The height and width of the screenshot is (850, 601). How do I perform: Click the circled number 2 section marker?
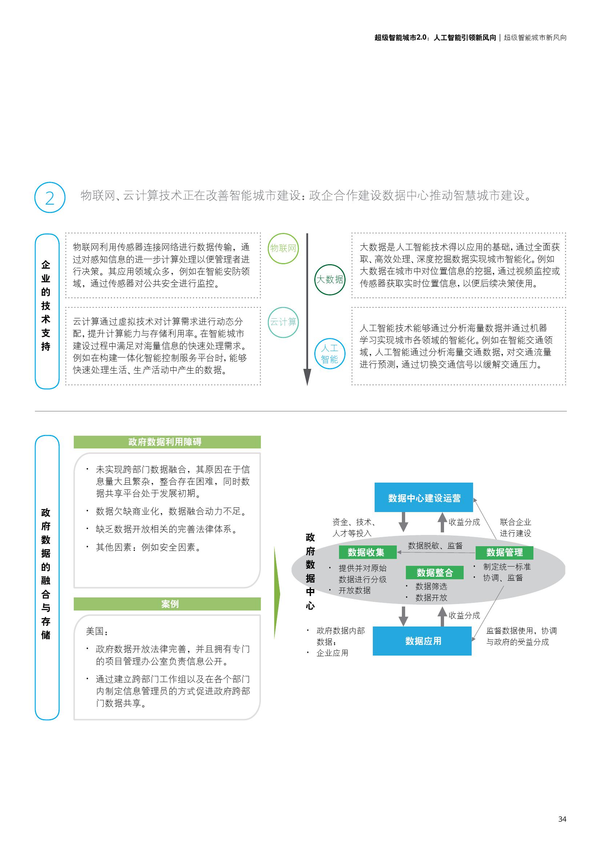point(49,197)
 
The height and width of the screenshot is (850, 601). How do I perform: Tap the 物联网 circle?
point(283,249)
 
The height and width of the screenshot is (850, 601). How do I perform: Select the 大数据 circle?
point(329,279)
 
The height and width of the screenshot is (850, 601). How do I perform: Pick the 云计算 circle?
point(283,322)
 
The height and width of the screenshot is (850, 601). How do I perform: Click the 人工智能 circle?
point(329,354)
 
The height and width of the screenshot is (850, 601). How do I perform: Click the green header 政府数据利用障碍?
point(167,442)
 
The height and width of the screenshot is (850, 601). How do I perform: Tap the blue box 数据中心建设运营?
point(424,497)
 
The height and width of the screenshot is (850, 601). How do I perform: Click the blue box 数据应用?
point(422,641)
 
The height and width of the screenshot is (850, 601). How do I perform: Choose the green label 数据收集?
point(366,552)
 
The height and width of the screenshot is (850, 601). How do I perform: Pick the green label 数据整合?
point(435,573)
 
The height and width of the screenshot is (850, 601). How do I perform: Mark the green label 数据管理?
point(504,552)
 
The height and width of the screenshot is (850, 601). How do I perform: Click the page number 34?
point(562,819)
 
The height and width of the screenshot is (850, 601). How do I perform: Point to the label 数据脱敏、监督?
point(435,545)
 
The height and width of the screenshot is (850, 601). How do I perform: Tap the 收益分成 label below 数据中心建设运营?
point(464,522)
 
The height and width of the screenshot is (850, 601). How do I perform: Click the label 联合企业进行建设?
point(515,528)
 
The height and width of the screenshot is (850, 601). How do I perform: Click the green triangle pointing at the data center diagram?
point(277,595)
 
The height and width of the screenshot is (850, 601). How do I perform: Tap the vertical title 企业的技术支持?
point(46,305)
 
